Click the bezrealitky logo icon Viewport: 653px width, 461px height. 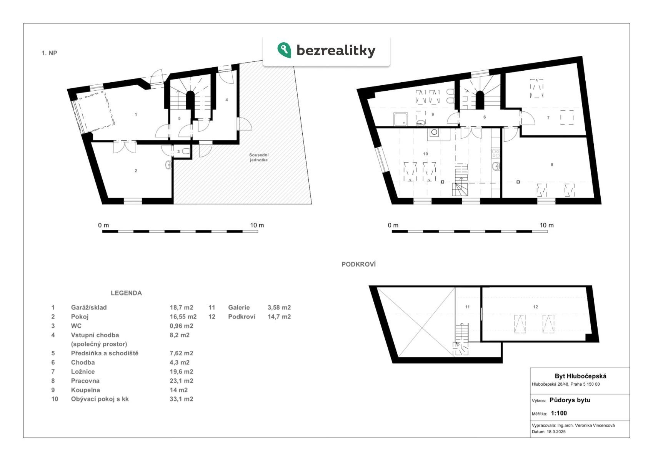[x=284, y=50]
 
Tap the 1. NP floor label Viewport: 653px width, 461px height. [x=49, y=53]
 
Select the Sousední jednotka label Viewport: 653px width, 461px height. [x=258, y=158]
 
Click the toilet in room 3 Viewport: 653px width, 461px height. [x=186, y=151]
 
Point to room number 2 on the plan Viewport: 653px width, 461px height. [x=136, y=171]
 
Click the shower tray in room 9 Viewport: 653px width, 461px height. [x=401, y=119]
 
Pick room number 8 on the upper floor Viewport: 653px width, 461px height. [x=552, y=164]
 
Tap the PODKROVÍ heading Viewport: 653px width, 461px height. [x=358, y=264]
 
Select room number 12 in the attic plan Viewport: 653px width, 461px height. [x=536, y=307]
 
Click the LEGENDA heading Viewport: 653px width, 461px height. [x=126, y=293]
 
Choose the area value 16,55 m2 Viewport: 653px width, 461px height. [x=183, y=317]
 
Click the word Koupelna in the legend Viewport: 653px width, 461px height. [x=85, y=390]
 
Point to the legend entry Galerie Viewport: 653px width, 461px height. [x=239, y=307]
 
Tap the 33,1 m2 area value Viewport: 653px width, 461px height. [x=181, y=399]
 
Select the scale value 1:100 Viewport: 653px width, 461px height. [x=559, y=413]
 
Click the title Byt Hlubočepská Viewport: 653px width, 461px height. [x=580, y=376]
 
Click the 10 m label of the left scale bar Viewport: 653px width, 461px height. [x=257, y=225]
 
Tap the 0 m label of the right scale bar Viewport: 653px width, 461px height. [x=393, y=225]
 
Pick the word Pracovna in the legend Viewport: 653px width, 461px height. [x=85, y=381]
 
